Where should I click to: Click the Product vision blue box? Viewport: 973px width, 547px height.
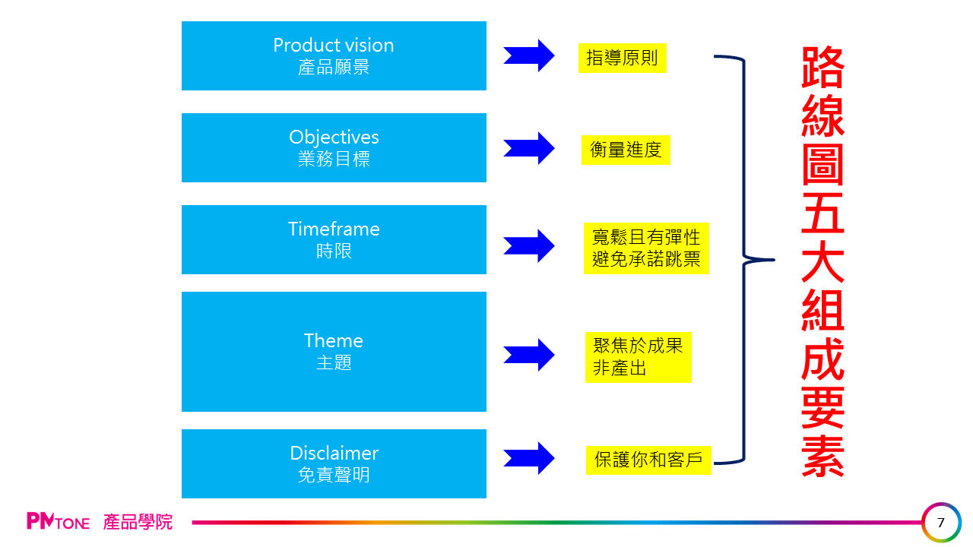tap(334, 55)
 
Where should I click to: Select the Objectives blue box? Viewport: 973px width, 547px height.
tap(334, 147)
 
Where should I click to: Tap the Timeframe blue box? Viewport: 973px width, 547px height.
tap(334, 239)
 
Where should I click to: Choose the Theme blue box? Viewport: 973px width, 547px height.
tap(334, 352)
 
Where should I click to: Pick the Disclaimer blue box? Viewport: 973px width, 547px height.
tap(334, 463)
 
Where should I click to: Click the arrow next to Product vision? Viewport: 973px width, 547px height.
tap(529, 55)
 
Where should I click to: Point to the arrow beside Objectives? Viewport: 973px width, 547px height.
tap(529, 148)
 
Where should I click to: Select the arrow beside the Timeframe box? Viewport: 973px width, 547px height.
tap(529, 245)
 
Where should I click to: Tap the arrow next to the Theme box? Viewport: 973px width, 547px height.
tap(529, 355)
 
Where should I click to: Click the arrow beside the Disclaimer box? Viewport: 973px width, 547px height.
tap(529, 458)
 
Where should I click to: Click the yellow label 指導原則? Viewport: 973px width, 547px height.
tap(622, 58)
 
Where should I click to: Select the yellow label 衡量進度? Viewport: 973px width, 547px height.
tap(626, 150)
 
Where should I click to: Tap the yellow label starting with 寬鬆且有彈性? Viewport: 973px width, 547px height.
tap(646, 248)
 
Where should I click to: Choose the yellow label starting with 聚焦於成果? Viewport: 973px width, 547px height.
tap(638, 357)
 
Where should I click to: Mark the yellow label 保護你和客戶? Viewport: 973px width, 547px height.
tap(648, 460)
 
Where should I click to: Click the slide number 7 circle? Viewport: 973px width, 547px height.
tap(941, 523)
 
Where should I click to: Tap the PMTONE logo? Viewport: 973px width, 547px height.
tap(58, 522)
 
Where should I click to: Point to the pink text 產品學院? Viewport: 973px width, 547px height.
tap(138, 522)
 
